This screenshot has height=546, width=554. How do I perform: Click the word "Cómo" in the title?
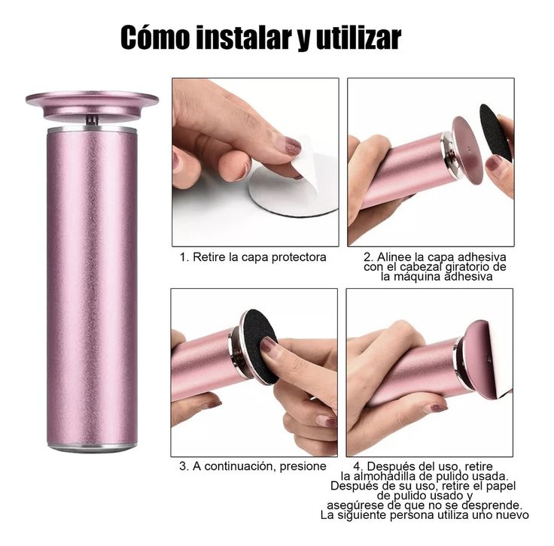tap(155, 37)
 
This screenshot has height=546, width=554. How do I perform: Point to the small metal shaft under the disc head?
tap(93, 120)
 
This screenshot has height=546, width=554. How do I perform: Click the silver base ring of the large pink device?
tap(92, 447)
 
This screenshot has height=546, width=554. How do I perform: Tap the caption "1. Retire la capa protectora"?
tap(253, 257)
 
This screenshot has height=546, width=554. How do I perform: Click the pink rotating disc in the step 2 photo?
tap(467, 150)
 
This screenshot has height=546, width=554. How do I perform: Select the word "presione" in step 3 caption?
tap(303, 466)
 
